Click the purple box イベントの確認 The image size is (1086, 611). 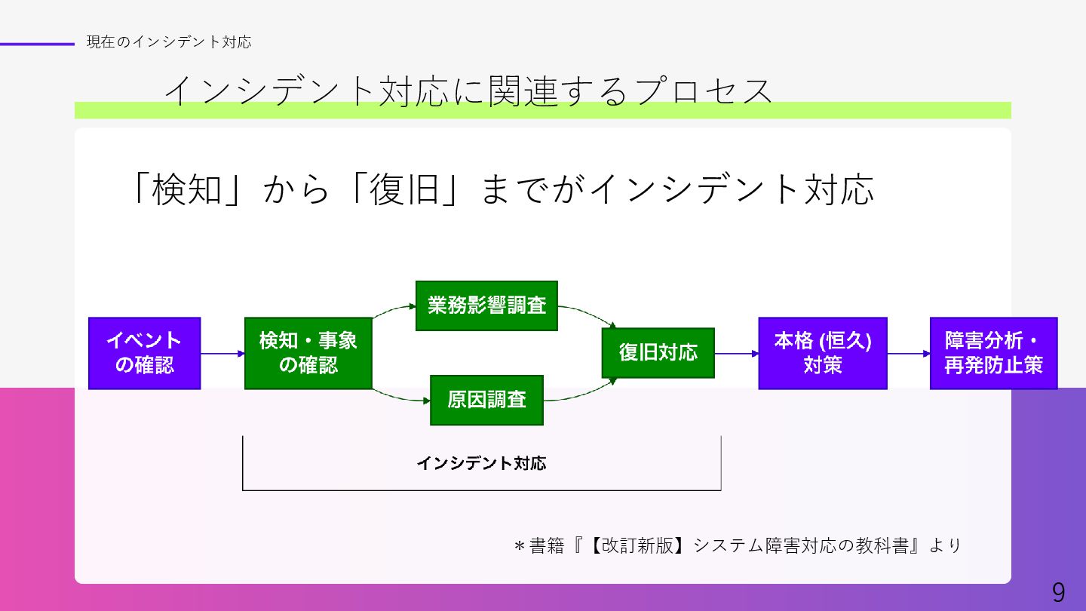coord(144,353)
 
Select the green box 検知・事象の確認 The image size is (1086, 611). coord(308,353)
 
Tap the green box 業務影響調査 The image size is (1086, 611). coord(486,305)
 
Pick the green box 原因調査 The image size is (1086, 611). coord(486,400)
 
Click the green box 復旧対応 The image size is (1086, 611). coord(658,353)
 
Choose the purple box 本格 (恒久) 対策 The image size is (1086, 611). coord(822,353)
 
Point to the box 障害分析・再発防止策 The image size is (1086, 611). coord(993,353)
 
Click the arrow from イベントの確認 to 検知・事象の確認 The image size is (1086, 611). coord(222,353)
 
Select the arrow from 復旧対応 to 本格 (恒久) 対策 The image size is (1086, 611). coord(736,353)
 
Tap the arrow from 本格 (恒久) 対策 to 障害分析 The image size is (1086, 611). coord(908,353)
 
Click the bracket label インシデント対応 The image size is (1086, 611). coord(481,463)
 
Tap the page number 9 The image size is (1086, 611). coord(1059,593)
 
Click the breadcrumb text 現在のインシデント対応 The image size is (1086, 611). coord(168,42)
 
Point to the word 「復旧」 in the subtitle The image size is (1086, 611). coord(405,190)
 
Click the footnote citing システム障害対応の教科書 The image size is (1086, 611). coord(737,545)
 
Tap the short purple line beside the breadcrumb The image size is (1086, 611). coord(38,44)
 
